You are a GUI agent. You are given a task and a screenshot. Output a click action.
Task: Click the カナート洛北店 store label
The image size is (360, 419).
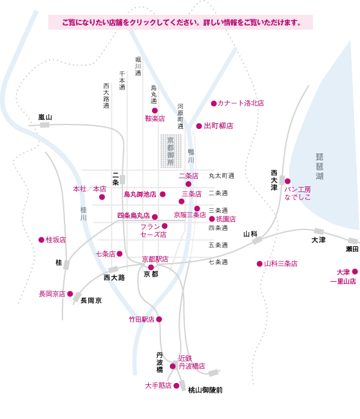tap(241, 103)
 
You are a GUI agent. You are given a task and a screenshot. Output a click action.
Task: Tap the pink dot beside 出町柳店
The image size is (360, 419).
tap(199, 126)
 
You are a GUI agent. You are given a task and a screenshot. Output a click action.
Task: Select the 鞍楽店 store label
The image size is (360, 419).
tap(155, 119)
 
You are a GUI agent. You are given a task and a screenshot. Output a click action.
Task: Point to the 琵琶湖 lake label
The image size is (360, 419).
tap(319, 166)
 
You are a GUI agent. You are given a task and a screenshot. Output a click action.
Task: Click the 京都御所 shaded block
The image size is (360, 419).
tap(171, 151)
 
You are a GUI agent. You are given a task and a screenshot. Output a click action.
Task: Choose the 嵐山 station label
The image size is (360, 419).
tap(45, 117)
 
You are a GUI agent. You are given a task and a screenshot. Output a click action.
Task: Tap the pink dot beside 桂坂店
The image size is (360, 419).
tap(41, 240)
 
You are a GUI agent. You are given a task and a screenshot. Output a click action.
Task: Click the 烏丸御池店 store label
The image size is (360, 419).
tap(140, 194)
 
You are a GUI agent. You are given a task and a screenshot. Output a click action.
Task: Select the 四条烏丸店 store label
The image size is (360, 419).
tap(133, 215)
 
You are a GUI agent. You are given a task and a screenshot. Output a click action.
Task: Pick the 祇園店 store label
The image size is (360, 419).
tap(226, 219)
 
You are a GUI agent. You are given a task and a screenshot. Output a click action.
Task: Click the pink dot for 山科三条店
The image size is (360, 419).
tap(260, 264)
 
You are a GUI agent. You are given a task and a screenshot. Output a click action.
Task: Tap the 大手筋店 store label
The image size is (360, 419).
tap(158, 385)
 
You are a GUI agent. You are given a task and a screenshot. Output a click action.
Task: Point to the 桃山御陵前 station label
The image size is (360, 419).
tap(205, 390)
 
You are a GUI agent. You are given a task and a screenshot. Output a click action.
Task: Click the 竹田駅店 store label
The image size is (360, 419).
tap(142, 319)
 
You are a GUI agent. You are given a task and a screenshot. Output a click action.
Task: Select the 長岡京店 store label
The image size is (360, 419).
tap(52, 294)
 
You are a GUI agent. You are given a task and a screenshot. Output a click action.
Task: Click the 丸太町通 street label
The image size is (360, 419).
tap(222, 176)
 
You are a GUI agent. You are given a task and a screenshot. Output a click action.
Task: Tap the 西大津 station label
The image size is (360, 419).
tap(274, 180)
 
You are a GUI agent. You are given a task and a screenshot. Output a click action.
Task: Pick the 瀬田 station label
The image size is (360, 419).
tap(352, 249)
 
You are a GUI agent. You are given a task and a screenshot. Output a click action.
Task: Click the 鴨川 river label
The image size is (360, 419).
tap(191, 156)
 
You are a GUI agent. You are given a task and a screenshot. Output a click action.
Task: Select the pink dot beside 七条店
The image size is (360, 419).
tap(120, 253)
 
